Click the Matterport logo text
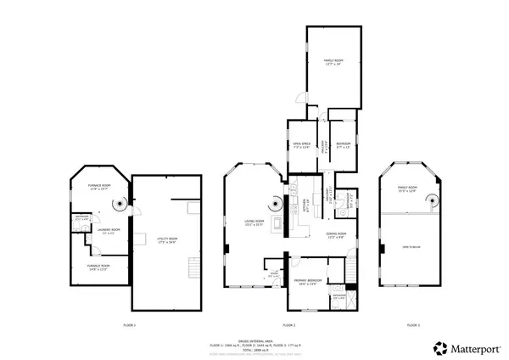[474, 347]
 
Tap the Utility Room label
[167, 240]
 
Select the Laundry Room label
[108, 230]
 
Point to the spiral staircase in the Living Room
[275, 203]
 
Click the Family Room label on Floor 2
[333, 62]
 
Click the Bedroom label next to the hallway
[343, 145]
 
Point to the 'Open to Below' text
[412, 247]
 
